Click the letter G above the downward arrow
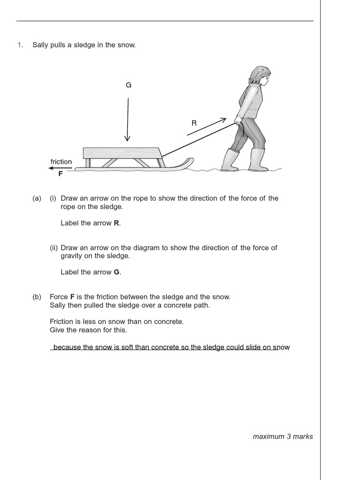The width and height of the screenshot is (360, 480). (x=128, y=85)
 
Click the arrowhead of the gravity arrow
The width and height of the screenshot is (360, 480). (x=127, y=138)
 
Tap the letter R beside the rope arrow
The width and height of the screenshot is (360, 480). (x=194, y=123)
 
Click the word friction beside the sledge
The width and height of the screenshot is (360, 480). (x=61, y=162)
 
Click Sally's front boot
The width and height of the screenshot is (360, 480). (x=258, y=160)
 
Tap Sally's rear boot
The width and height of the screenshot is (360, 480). (x=231, y=160)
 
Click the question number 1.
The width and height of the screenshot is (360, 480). (x=20, y=45)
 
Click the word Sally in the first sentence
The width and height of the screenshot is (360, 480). (x=41, y=45)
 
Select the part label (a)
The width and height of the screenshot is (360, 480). (x=37, y=198)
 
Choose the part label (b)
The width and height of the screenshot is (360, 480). (x=37, y=297)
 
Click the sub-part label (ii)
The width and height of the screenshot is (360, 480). (x=54, y=247)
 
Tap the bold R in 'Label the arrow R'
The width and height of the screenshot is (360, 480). (x=116, y=223)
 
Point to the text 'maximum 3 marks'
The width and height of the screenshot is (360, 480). (x=283, y=436)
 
